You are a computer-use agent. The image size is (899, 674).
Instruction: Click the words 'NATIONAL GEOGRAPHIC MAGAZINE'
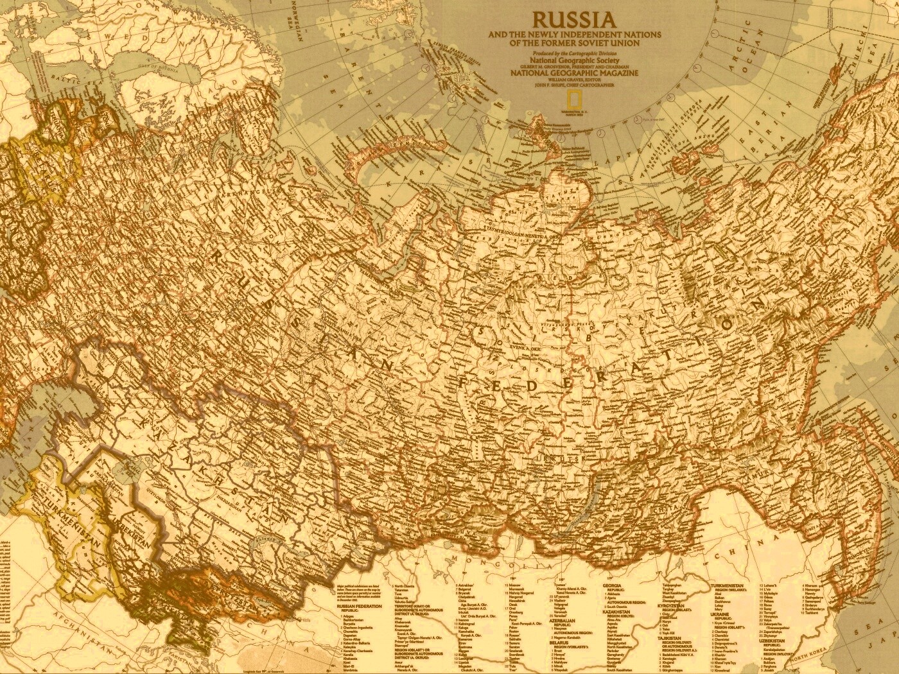(573, 73)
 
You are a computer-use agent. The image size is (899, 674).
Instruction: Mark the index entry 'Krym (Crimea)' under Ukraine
(729, 626)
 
